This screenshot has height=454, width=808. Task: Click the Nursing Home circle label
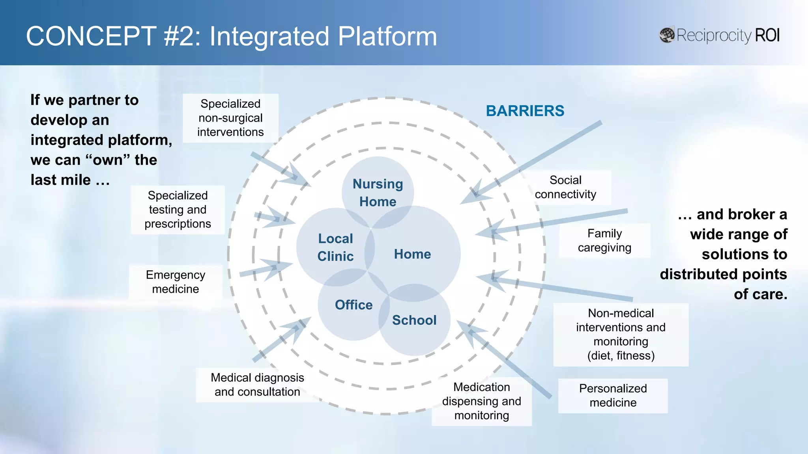[378, 193]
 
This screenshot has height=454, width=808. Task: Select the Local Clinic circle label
[335, 247]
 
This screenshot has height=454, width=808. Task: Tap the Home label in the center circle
[412, 254]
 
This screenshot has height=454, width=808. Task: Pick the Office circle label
[353, 305]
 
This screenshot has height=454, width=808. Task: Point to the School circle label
[414, 320]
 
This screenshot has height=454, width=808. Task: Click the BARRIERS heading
[525, 111]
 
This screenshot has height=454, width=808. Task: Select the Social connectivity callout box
[565, 187]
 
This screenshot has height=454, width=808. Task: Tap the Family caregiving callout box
[604, 240]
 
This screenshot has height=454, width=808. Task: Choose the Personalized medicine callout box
[613, 395]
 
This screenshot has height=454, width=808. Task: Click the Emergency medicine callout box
[176, 282]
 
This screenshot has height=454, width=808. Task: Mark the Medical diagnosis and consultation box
[257, 385]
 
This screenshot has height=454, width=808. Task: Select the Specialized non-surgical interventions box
[230, 118]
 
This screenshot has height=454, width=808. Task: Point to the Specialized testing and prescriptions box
[178, 209]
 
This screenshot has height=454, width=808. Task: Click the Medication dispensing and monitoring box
[481, 401]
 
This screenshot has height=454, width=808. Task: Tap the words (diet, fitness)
[621, 355]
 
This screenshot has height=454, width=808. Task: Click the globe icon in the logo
[667, 35]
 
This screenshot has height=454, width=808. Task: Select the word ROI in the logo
[767, 35]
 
